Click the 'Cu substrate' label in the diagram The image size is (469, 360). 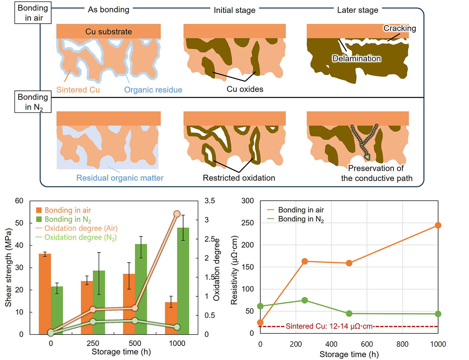click(109, 31)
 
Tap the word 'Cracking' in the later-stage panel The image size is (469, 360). click(399, 28)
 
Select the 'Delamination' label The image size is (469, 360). click(356, 58)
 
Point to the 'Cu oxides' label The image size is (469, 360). click(245, 89)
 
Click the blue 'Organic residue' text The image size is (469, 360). click(153, 90)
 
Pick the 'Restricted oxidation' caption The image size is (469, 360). click(239, 178)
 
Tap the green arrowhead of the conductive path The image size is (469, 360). click(367, 157)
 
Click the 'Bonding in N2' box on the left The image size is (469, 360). click(33, 102)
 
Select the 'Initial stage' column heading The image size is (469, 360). click(234, 10)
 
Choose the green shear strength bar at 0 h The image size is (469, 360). click(57, 310)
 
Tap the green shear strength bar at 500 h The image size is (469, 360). click(141, 289)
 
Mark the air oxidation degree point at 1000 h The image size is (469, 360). click(177, 214)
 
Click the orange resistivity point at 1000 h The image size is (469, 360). click(438, 225)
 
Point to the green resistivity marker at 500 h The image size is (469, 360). click(349, 313)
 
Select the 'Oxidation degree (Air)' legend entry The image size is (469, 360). click(81, 228)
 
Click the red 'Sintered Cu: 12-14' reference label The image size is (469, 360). click(329, 326)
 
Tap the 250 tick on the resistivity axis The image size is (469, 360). click(247, 223)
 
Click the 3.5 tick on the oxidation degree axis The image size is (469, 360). click(210, 201)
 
